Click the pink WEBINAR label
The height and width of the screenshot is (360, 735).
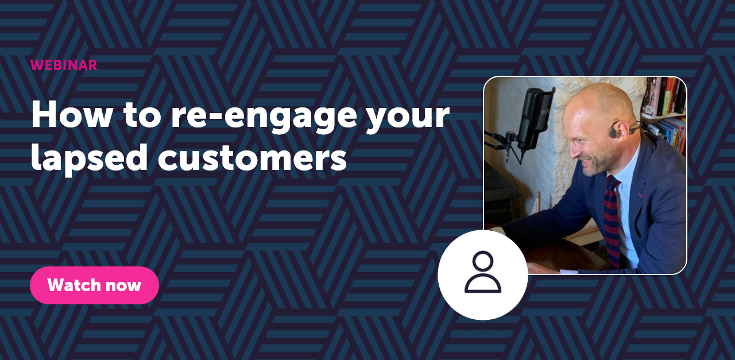click(64, 65)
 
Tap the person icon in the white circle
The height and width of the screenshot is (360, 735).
click(483, 273)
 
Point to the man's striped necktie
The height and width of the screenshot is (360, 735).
click(612, 218)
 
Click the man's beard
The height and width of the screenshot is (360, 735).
click(594, 164)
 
